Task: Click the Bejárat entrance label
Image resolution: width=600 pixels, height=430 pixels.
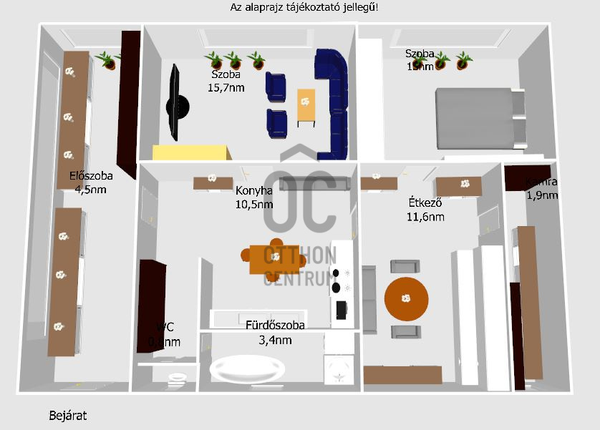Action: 68,415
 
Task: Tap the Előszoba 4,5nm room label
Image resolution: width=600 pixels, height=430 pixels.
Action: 91,182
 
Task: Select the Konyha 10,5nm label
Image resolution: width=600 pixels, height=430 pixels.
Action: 254,197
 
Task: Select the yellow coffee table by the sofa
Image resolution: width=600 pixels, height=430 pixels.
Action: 306,106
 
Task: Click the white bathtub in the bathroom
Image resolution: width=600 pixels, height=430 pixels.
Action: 245,371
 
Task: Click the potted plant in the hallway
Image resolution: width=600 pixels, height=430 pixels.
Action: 109,60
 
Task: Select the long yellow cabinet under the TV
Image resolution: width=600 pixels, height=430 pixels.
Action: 192,152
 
